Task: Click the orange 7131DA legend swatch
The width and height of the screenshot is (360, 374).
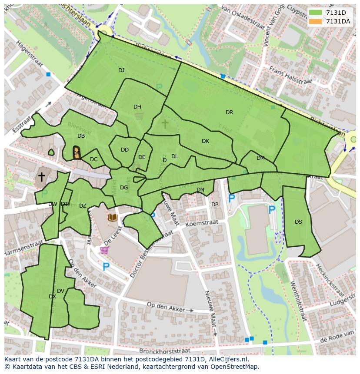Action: pos(316,21)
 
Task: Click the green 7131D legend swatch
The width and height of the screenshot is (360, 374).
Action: pos(316,12)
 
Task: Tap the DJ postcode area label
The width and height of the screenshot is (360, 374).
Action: pos(121,70)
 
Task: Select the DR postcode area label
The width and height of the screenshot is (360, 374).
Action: pos(229,113)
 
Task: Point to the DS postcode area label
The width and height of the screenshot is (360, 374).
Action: pos(298,222)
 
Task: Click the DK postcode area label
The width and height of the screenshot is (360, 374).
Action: pos(205,141)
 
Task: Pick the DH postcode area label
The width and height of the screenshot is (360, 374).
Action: pos(137,107)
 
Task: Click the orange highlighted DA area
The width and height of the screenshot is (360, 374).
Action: pos(77,153)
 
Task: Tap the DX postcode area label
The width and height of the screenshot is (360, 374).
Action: pos(52,297)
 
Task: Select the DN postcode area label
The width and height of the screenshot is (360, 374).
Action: pos(200,190)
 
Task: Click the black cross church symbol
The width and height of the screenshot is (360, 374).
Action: pos(42,177)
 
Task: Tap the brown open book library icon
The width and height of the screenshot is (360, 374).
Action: pos(113,217)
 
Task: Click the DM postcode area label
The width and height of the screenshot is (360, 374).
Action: pos(260,158)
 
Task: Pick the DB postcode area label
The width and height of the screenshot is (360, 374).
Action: pos(81,136)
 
